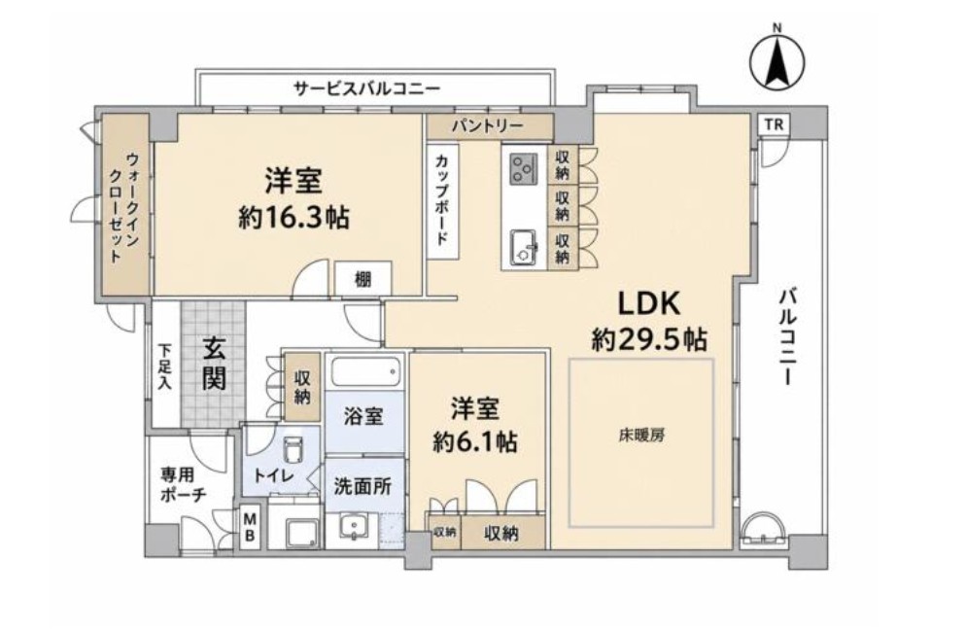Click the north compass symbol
point(777,59)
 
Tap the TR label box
point(774,124)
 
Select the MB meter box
point(250,526)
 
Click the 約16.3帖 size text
point(293,218)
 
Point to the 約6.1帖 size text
point(474,441)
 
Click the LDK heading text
point(649,303)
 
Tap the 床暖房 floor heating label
point(641,436)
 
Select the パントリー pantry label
point(487,126)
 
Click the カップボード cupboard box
point(442,201)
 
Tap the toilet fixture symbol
point(293,451)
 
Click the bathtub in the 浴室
point(364,371)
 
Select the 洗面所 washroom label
point(362,487)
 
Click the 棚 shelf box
point(362,279)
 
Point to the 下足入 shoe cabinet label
point(164,367)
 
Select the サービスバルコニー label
point(367,88)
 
